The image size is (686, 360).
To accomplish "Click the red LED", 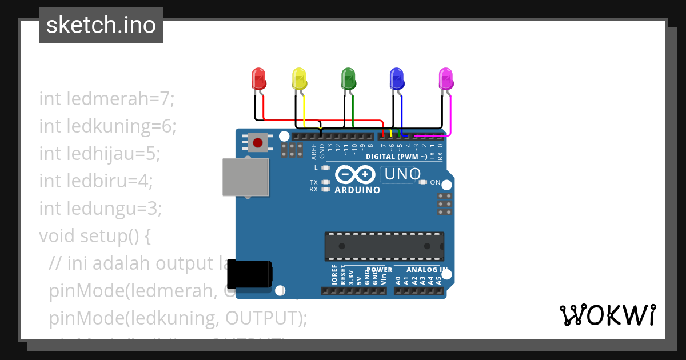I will [x=259, y=78].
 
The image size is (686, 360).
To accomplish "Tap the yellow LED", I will [x=300, y=78].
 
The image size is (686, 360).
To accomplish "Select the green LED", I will [x=348, y=78].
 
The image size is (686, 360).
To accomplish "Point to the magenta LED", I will [x=446, y=78].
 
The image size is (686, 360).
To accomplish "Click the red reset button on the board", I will [x=258, y=141].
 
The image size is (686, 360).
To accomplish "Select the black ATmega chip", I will [x=384, y=246].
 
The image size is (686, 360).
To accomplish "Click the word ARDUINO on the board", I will [x=357, y=190].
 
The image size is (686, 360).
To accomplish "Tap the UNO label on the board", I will [x=402, y=174].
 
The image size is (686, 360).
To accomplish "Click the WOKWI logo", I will [x=607, y=315].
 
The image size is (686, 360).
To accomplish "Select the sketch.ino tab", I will [x=101, y=25].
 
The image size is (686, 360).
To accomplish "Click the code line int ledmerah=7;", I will [x=106, y=99].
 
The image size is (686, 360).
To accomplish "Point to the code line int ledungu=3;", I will [x=101, y=209].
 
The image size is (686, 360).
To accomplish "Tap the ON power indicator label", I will [x=435, y=183].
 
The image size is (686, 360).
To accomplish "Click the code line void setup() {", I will [x=95, y=236].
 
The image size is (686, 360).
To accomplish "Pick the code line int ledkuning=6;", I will [x=108, y=126].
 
